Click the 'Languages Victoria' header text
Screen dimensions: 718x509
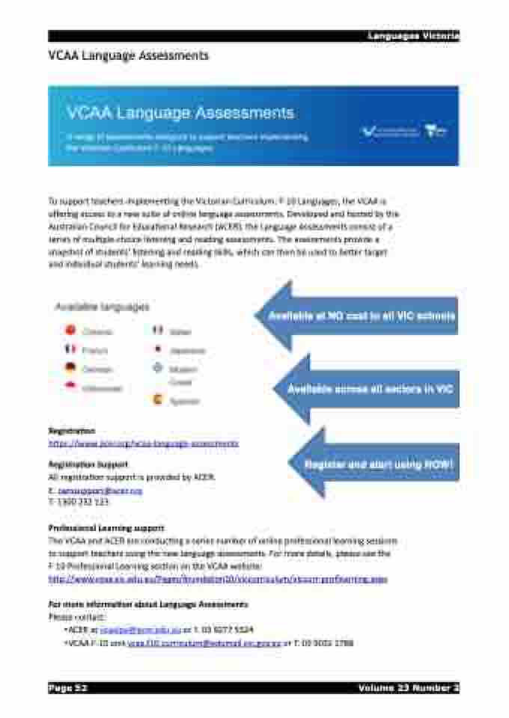(x=412, y=36)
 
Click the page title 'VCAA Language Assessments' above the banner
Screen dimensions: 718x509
(x=129, y=55)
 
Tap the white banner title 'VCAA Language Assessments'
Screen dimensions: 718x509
(x=180, y=114)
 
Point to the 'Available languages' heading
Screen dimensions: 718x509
(x=103, y=307)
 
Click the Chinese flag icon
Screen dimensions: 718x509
(x=70, y=330)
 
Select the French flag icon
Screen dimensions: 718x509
(x=70, y=349)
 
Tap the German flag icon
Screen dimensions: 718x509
(x=70, y=367)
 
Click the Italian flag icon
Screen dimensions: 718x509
(x=157, y=330)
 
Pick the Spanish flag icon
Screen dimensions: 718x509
(x=157, y=400)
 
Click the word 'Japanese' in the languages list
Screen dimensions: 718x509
(x=187, y=350)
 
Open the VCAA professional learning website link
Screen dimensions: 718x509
(x=218, y=579)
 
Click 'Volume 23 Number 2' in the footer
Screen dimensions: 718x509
(x=408, y=688)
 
